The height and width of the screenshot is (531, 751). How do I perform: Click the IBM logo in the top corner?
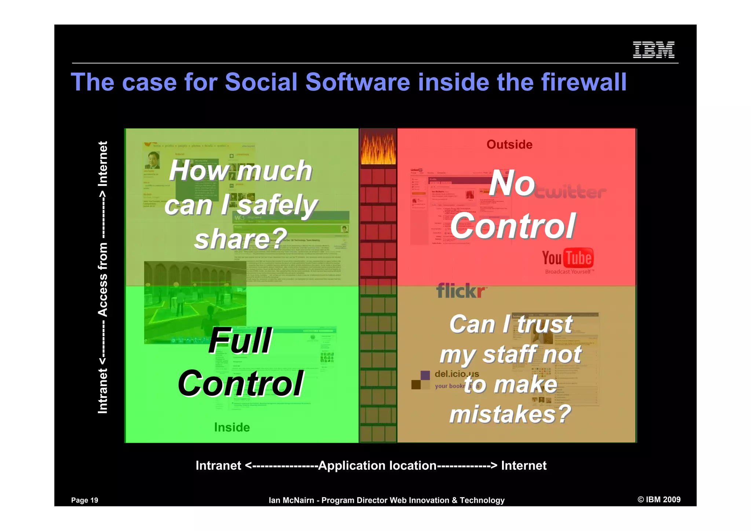click(653, 50)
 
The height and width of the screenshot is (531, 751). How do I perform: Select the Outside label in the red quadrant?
click(509, 144)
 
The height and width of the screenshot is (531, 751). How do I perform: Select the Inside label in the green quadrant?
click(232, 427)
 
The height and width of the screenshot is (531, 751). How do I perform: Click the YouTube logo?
click(568, 259)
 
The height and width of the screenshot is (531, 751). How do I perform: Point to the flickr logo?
click(461, 291)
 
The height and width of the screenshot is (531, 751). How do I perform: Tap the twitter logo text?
click(570, 192)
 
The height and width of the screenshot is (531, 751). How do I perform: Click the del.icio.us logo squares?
click(420, 380)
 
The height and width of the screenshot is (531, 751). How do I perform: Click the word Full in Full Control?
click(240, 341)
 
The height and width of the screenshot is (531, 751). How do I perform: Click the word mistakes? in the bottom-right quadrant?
click(510, 414)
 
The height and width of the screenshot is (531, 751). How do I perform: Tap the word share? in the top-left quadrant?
click(241, 239)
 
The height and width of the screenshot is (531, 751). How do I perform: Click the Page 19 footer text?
click(85, 500)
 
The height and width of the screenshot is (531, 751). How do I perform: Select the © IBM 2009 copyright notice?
click(659, 499)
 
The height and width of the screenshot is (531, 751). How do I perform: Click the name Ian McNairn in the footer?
click(291, 500)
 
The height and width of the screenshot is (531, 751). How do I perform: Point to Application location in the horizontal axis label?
click(377, 465)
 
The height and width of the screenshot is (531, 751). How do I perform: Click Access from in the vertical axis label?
click(103, 279)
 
